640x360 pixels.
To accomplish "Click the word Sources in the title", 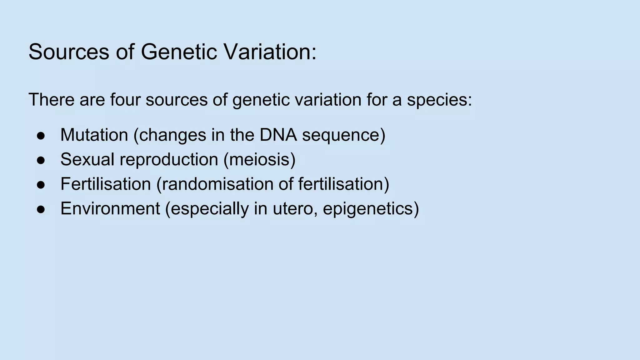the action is [69, 52].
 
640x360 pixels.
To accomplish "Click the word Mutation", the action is [94, 135].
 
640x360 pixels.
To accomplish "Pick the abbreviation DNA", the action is [278, 135].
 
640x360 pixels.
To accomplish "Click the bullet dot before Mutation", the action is [41, 136].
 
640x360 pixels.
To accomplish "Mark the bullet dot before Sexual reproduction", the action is [41, 160].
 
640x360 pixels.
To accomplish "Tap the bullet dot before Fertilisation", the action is [41, 185].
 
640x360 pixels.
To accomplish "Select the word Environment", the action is [110, 208].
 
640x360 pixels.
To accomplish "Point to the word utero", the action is [295, 209].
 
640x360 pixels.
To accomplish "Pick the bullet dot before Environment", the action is [41, 209].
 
